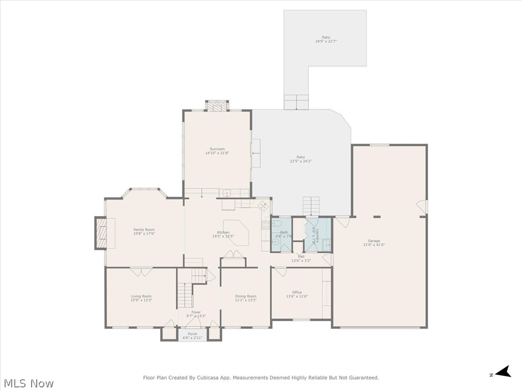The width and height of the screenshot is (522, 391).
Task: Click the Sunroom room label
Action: click(x=217, y=149)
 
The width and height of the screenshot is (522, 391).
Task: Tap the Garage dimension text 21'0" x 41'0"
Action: click(x=374, y=245)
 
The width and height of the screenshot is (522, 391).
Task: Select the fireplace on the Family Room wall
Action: click(x=101, y=233)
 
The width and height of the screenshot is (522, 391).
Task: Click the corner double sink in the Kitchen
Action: click(x=264, y=205)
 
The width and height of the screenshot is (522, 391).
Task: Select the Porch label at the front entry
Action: click(x=193, y=334)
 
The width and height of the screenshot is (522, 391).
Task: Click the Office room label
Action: click(x=297, y=292)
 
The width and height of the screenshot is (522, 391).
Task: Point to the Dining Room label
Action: click(x=246, y=296)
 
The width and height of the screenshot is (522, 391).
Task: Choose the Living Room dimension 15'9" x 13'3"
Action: click(x=141, y=300)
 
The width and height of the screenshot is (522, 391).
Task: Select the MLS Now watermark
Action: click(x=29, y=383)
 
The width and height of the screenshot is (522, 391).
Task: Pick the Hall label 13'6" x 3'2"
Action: click(x=301, y=258)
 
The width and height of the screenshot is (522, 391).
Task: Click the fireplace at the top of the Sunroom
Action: click(x=217, y=106)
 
